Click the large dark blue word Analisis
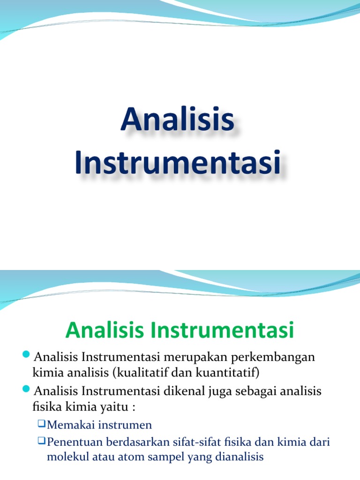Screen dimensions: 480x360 click(x=177, y=120)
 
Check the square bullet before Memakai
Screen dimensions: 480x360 click(x=41, y=424)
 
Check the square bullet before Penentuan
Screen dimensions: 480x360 click(x=41, y=441)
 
